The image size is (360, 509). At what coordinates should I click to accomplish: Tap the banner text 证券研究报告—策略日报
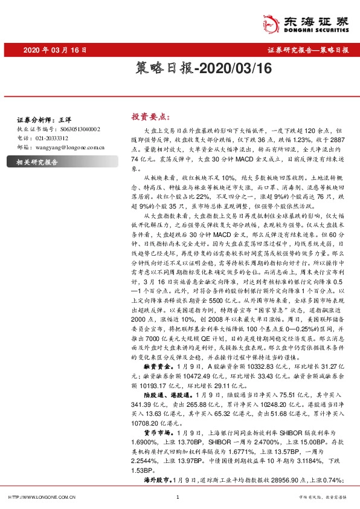(307, 50)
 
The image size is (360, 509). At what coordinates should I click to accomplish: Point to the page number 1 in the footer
(179, 497)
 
